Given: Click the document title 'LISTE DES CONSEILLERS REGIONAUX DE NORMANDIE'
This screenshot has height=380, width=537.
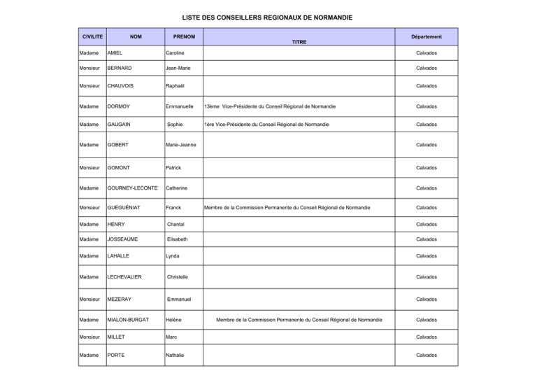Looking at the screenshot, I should click(268, 17).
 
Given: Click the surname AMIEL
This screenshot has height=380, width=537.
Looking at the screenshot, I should click(115, 53).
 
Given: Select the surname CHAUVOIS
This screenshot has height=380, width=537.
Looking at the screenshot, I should click(122, 86).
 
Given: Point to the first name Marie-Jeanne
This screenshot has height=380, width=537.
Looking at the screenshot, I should click(181, 145).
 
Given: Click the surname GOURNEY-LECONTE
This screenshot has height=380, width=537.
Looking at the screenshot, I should click(132, 188).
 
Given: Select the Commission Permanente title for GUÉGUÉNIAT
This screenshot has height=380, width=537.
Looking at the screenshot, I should click(287, 208).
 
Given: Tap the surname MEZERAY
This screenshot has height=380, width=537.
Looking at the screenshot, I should click(120, 300).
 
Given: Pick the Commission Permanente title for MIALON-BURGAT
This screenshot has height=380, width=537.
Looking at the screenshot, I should click(299, 320).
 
